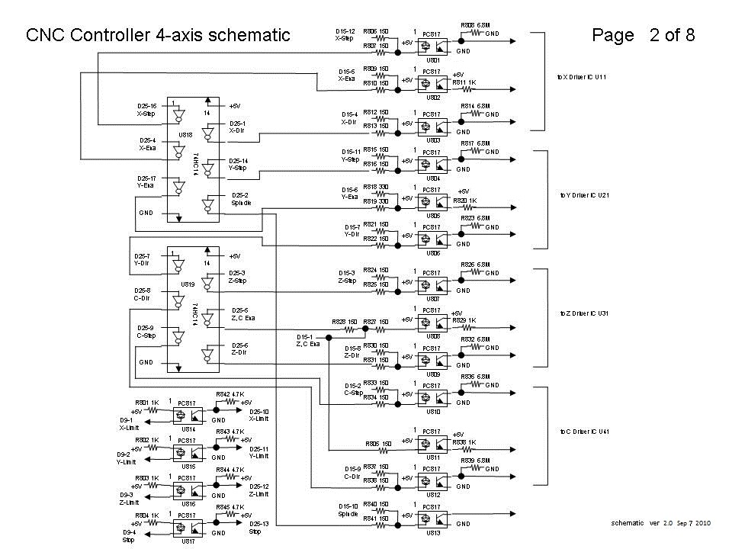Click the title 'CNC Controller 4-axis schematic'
[158, 35]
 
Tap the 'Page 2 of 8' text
[643, 35]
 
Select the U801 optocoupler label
[433, 59]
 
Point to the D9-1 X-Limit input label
[127, 424]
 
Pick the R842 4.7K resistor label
[230, 394]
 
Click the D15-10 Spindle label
[349, 510]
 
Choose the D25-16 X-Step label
[146, 110]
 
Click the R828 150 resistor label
[345, 322]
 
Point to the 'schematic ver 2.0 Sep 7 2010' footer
[661, 523]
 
